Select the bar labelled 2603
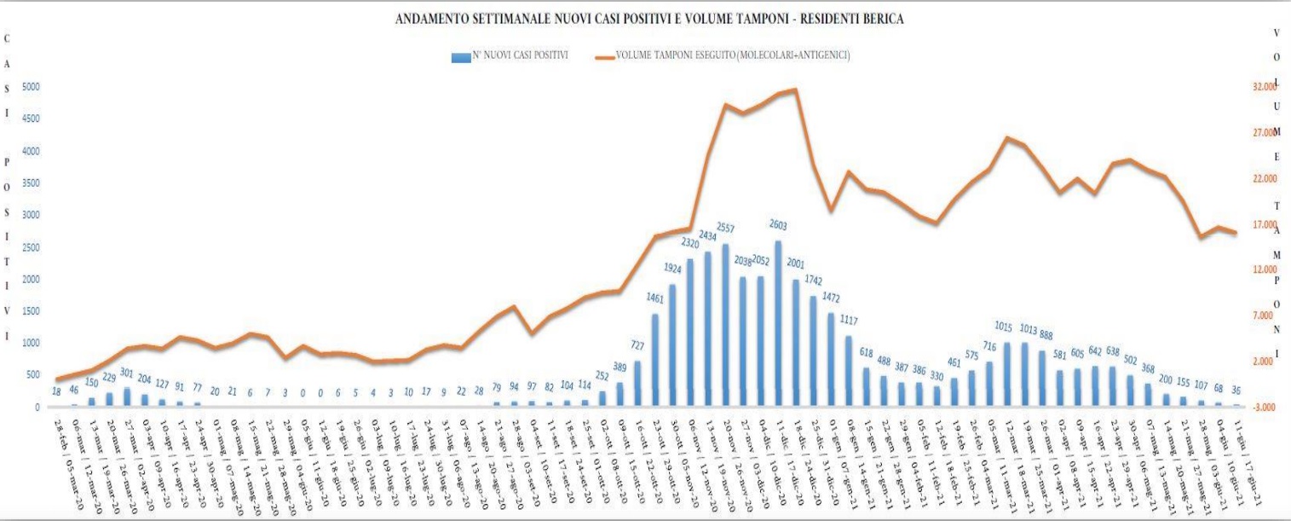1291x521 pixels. [778, 324]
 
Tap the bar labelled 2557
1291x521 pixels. [725, 326]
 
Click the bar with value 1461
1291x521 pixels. [655, 361]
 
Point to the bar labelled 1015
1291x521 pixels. [1006, 375]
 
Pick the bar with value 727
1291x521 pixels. [637, 384]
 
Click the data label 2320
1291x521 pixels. [690, 242]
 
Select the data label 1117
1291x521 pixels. [849, 320]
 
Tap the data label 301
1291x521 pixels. [127, 372]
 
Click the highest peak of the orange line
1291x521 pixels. [795, 89]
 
